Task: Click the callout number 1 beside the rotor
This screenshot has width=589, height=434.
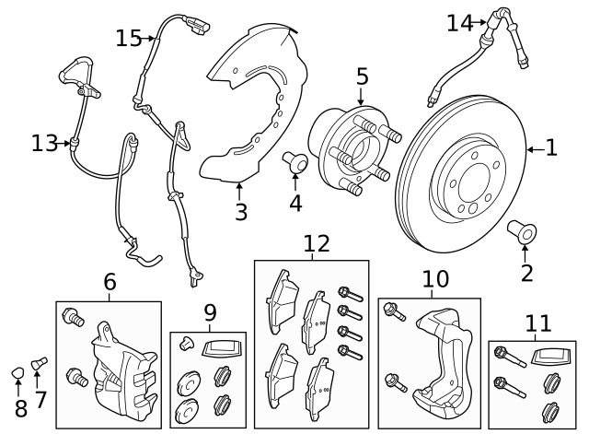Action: (551, 147)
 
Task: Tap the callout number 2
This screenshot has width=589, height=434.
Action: (526, 272)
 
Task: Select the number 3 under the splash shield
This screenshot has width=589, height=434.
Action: (240, 212)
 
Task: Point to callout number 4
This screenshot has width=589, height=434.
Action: (295, 203)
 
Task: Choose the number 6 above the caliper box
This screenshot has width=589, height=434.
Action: (110, 282)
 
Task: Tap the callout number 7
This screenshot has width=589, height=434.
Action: (40, 400)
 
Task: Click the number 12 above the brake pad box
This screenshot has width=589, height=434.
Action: (316, 244)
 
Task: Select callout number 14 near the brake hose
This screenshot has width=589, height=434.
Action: (459, 22)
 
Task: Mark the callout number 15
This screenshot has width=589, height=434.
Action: (129, 38)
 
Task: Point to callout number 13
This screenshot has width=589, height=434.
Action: (43, 143)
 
